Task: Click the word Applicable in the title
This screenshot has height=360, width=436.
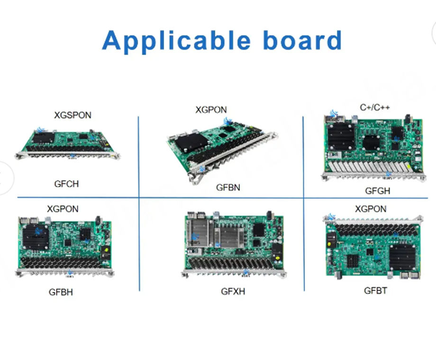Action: click(x=179, y=41)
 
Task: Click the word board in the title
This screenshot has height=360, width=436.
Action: click(x=302, y=41)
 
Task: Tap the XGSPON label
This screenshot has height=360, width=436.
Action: click(x=73, y=115)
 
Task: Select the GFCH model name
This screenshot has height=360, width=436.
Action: click(x=66, y=184)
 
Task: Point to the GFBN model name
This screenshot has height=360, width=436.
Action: click(x=228, y=187)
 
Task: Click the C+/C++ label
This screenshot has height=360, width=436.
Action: click(x=374, y=108)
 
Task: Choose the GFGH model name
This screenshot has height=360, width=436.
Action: click(x=378, y=191)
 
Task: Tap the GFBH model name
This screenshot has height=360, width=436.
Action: click(x=61, y=292)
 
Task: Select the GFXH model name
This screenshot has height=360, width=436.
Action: click(x=233, y=291)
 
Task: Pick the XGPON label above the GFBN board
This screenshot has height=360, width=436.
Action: click(x=211, y=110)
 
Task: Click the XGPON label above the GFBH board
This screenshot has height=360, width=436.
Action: click(x=63, y=208)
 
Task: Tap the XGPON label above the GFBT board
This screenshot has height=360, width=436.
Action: click(x=371, y=208)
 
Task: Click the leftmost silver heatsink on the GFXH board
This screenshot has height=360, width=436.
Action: click(x=200, y=232)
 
